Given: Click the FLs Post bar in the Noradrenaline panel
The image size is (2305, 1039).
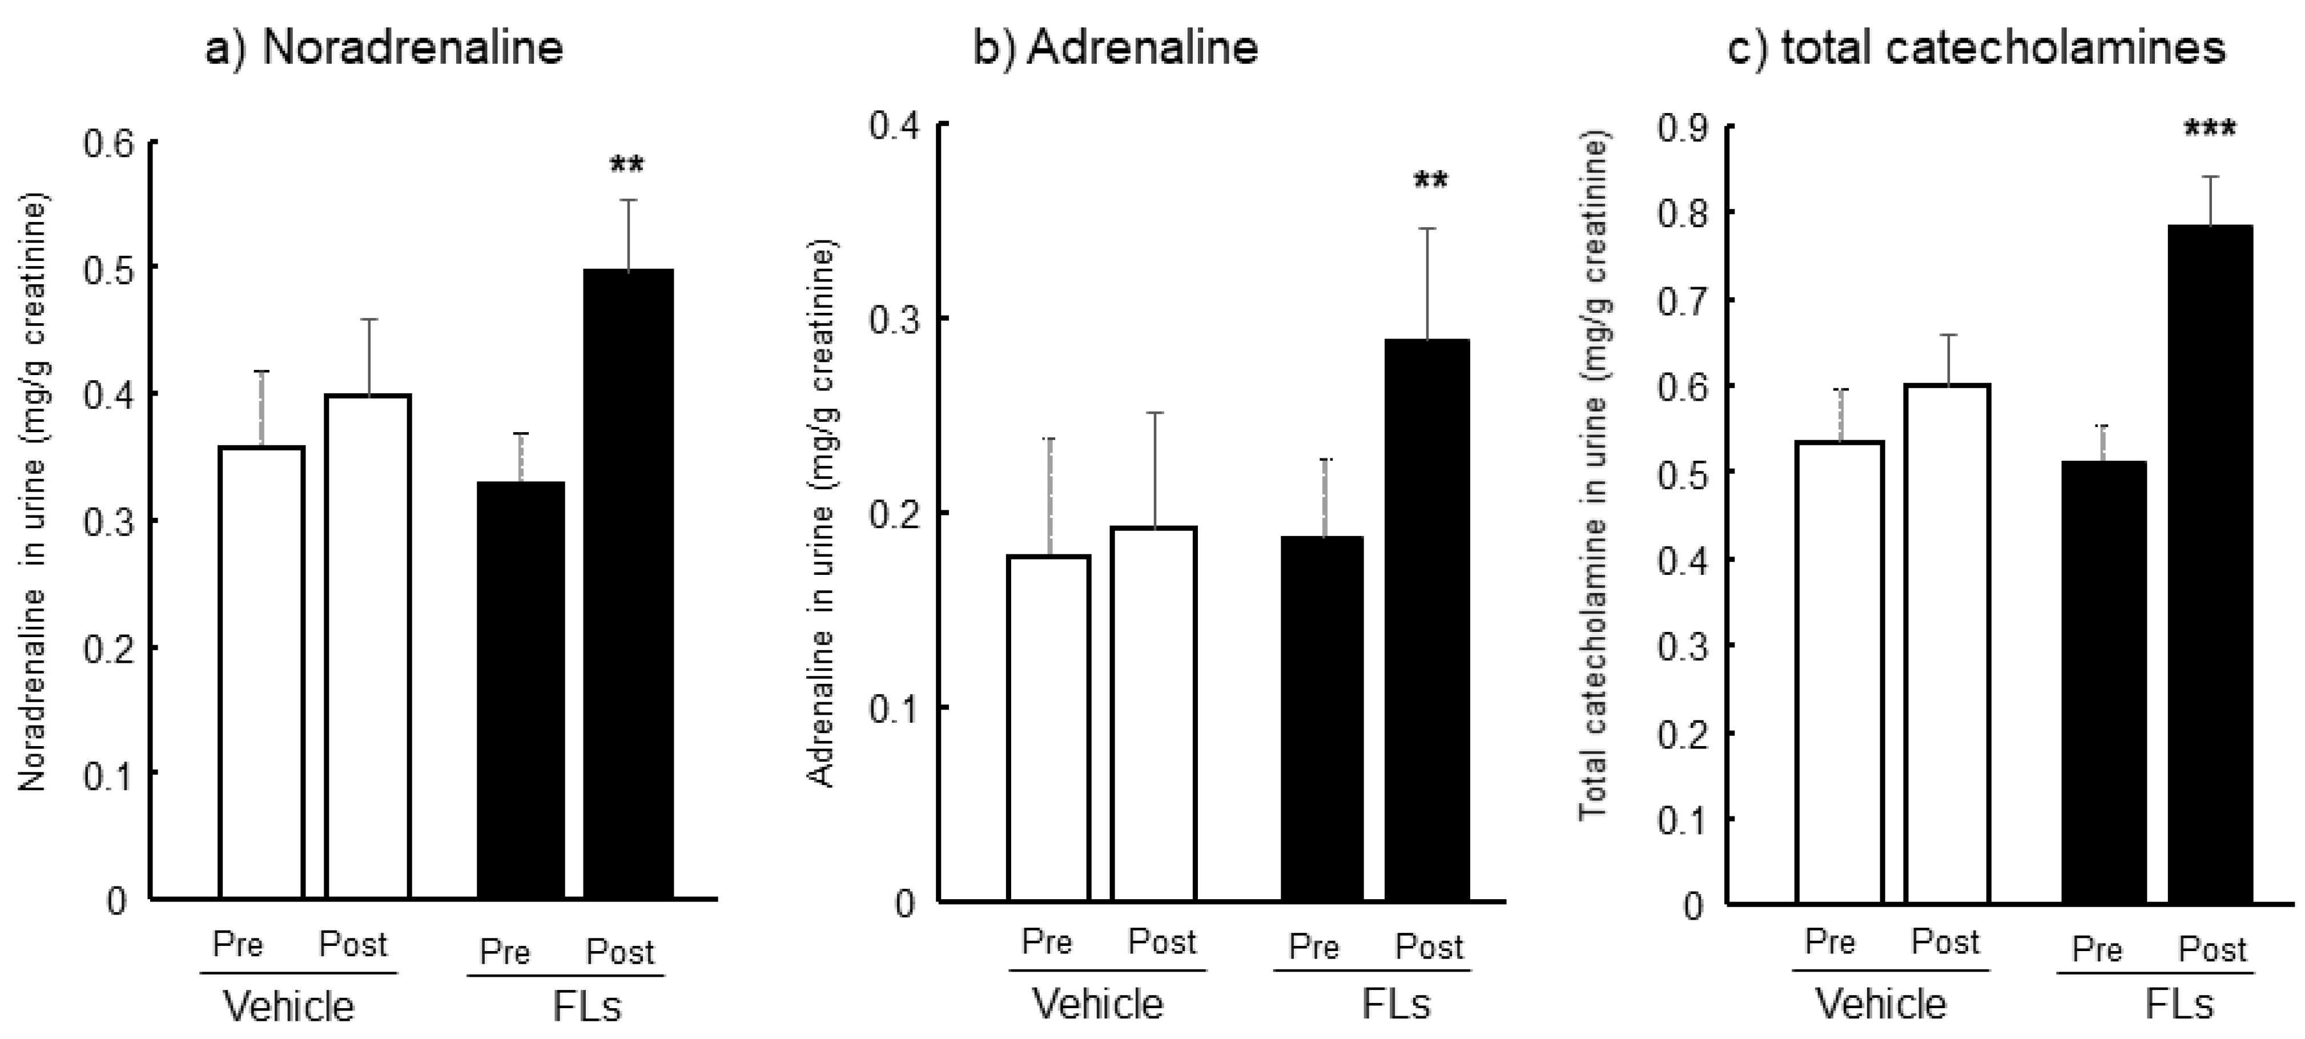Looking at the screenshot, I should pos(628,582).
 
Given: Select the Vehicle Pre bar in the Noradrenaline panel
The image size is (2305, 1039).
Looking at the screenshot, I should pos(262,671).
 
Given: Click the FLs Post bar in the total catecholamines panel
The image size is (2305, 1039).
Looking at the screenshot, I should pos(2210,564).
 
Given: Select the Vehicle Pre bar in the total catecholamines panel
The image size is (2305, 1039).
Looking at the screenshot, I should pos(1840,671).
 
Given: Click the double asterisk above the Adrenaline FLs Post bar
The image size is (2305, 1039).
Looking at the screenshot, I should pos(1430,182).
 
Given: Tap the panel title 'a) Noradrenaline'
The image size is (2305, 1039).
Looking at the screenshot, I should pos(385,47).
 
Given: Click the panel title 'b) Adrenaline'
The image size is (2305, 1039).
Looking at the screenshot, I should pos(1116,47).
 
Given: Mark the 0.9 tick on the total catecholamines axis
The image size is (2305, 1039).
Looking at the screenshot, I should pos(1682,128).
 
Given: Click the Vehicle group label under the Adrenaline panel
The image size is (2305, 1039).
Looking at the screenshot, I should pos(1099,1004).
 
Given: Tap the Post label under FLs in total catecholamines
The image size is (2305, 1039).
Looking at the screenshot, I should pos(2212,949).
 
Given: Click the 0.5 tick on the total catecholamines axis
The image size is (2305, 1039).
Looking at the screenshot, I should pos(1682,474).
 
